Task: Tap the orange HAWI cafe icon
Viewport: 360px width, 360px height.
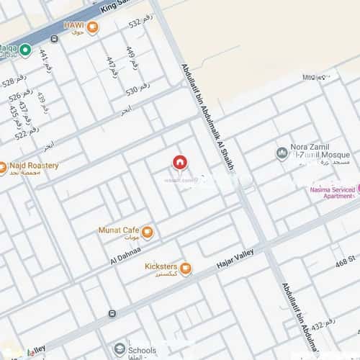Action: [92, 28]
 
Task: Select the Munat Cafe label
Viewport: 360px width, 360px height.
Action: [118, 230]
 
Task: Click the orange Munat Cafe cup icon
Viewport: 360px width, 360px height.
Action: [148, 232]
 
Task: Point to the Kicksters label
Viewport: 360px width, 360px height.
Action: [161, 266]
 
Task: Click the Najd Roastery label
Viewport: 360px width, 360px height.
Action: [33, 166]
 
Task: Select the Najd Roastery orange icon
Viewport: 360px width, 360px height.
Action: [2, 168]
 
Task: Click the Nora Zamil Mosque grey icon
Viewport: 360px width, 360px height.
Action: [282, 153]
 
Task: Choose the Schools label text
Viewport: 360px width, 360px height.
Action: [143, 349]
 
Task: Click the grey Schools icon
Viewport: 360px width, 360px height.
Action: [120, 349]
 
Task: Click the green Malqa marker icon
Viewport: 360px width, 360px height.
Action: [25, 50]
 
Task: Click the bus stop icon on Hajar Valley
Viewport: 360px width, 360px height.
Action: [112, 313]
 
